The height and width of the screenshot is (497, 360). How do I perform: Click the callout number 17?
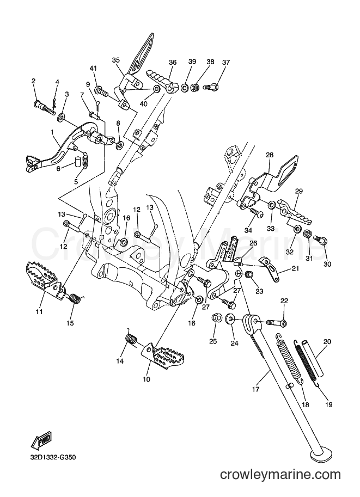click(255, 389)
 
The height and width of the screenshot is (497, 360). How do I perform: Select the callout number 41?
click(93, 68)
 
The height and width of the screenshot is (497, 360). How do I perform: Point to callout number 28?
click(270, 155)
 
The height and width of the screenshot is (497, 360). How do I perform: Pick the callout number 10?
click(147, 379)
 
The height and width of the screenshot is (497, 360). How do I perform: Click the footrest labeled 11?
click(45, 276)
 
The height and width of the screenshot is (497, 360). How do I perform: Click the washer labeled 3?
click(61, 119)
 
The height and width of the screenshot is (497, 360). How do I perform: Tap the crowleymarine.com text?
click(280, 475)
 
